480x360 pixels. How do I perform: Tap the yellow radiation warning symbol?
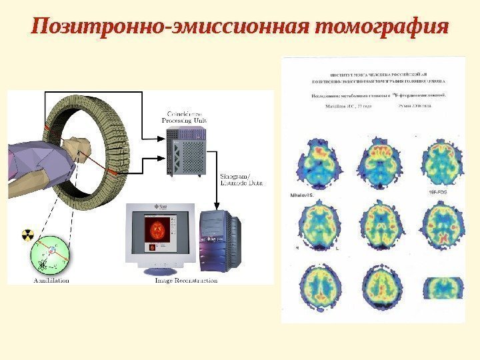[x=28, y=235]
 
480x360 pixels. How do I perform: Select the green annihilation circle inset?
[x=49, y=256]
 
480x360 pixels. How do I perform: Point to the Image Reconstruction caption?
[x=186, y=281]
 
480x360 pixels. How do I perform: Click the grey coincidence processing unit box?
[x=187, y=152]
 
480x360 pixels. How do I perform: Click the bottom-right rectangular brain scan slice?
[x=443, y=285]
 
